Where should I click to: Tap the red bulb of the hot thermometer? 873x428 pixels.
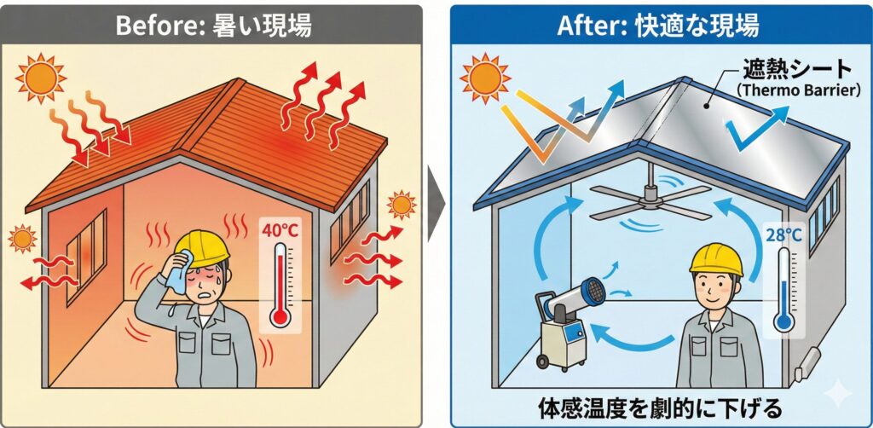(279, 317)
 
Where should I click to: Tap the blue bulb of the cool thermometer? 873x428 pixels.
(783, 322)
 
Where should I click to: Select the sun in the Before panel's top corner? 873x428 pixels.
(40, 78)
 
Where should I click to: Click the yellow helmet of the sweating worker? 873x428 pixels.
(203, 246)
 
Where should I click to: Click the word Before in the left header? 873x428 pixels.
(153, 25)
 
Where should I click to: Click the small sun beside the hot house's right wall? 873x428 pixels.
(400, 205)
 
